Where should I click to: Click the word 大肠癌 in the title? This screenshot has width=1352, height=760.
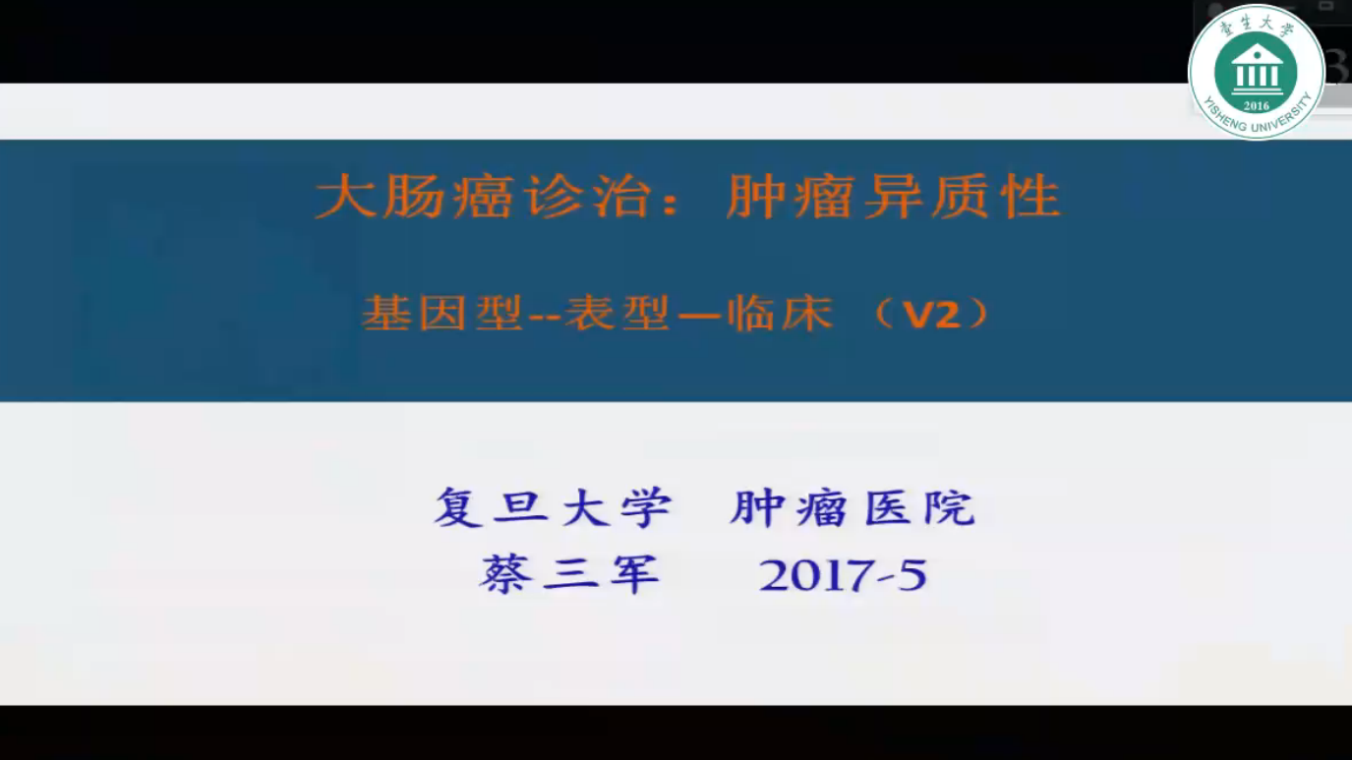(415, 197)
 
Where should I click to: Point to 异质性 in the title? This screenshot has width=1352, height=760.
(962, 197)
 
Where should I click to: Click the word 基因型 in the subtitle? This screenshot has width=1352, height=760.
(442, 314)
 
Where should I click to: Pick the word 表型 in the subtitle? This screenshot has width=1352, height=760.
(617, 314)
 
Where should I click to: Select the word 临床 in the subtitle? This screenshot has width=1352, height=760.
(781, 314)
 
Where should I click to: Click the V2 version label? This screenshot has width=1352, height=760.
(931, 315)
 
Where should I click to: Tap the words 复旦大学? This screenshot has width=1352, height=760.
(553, 507)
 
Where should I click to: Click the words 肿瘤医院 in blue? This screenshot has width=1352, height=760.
(852, 507)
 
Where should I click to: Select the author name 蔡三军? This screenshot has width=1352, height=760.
(569, 574)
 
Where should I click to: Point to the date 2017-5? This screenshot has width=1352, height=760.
(843, 575)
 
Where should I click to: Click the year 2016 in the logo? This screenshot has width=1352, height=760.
(1256, 106)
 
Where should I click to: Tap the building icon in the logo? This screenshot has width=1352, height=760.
(1257, 70)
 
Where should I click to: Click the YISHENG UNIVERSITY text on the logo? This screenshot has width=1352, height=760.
(1257, 121)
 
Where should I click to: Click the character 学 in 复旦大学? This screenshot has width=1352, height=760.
(646, 507)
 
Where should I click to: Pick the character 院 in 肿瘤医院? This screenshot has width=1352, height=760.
(950, 507)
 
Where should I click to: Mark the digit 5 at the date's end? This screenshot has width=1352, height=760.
(912, 575)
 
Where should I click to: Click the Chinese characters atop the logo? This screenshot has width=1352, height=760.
(1257, 26)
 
